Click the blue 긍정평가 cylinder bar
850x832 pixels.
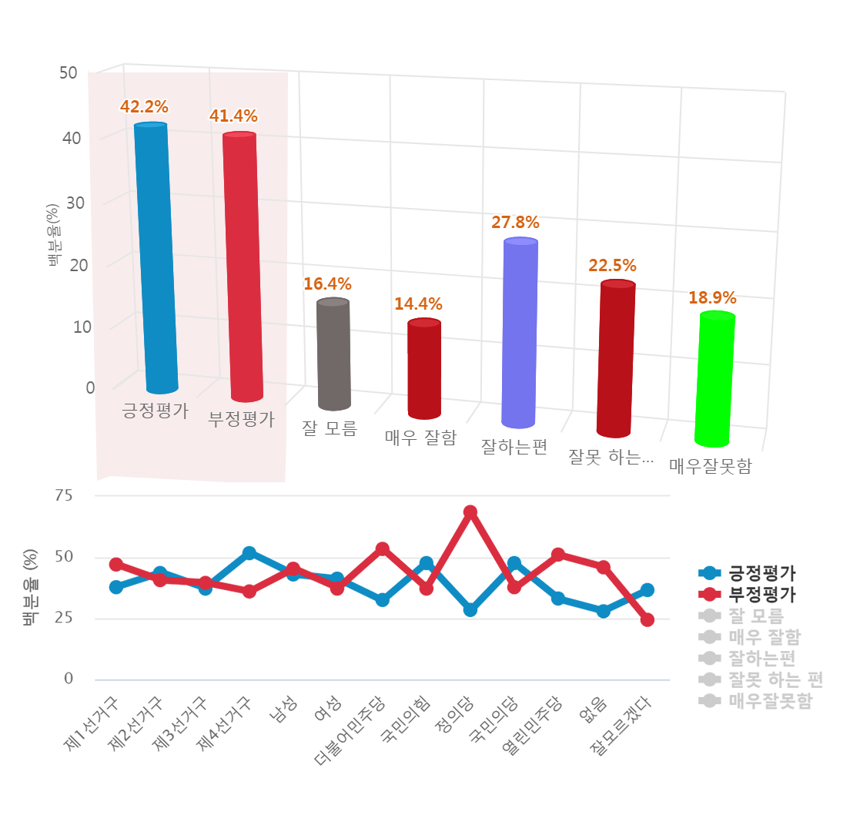tap(156, 258)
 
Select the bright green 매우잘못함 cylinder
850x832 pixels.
tap(715, 380)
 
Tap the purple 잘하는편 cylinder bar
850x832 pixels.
tap(520, 333)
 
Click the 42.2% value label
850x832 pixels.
tap(144, 106)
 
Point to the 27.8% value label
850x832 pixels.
tap(515, 223)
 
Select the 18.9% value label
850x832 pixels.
tap(712, 298)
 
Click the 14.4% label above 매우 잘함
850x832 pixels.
tap(418, 304)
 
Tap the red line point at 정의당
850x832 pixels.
tap(470, 512)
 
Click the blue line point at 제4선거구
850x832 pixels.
tap(249, 553)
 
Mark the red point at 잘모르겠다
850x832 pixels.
tap(648, 619)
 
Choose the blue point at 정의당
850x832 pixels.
tap(470, 609)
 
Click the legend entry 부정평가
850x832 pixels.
tap(762, 594)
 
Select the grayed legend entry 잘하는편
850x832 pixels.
tap(761, 658)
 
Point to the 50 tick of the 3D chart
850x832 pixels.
tap(68, 73)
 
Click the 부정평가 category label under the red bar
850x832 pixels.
tap(241, 420)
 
